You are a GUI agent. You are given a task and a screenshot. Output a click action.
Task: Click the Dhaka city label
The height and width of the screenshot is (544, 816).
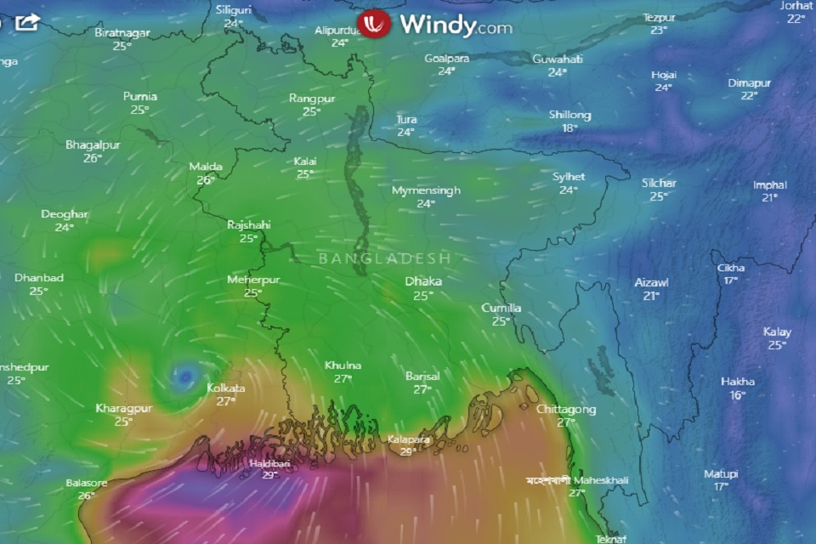422,281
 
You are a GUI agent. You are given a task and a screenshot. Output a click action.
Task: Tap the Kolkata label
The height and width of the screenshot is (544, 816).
226,388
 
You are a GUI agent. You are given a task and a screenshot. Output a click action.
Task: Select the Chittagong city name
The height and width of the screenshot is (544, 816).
566,410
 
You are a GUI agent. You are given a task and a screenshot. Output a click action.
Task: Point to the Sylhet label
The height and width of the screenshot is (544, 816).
569,177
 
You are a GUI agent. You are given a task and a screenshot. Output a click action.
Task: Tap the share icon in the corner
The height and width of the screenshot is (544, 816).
26,21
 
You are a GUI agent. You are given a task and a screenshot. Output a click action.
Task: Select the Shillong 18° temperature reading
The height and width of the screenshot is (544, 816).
569,128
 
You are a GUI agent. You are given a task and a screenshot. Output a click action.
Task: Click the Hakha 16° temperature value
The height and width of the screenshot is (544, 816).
737,395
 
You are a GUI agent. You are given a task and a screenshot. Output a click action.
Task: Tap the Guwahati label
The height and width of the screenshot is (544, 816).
558,59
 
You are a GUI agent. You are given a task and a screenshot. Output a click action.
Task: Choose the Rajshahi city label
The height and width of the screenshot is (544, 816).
248,225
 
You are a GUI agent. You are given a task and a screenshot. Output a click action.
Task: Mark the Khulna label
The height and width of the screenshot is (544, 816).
343,365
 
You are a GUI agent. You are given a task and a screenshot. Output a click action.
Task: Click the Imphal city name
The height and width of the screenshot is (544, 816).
769,185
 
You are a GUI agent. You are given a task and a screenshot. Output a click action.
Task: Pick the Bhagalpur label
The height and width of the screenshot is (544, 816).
93,144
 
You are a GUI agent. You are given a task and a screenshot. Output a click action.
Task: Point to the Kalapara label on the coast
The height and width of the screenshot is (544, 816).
408,439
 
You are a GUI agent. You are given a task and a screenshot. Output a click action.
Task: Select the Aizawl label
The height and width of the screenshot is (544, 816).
651,282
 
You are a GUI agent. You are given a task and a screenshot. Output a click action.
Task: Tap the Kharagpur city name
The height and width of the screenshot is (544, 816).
123,408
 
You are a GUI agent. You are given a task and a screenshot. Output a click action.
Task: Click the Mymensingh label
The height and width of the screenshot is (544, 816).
426,190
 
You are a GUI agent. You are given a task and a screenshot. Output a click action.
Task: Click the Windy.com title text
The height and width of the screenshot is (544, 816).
456,25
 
